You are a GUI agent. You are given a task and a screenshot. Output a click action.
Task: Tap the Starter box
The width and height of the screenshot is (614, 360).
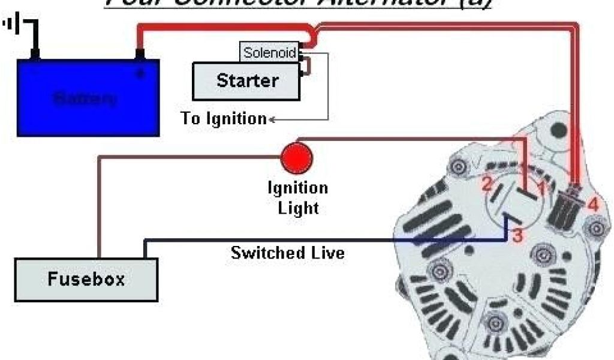click(x=246, y=81)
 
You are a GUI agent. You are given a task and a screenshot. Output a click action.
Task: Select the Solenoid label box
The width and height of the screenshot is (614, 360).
click(x=269, y=53)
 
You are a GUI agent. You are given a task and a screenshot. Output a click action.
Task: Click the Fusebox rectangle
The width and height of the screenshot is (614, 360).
click(x=86, y=279)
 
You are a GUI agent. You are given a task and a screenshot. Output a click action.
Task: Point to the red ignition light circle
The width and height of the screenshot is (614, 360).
click(x=297, y=157)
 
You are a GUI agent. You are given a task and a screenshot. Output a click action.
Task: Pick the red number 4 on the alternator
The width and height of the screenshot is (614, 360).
click(x=592, y=205)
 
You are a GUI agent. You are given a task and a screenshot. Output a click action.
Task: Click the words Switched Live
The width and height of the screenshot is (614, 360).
click(x=288, y=253)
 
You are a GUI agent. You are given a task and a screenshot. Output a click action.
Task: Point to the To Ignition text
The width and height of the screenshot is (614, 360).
click(x=223, y=119)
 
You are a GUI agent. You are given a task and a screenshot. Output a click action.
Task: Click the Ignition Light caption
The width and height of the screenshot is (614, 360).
click(x=297, y=198)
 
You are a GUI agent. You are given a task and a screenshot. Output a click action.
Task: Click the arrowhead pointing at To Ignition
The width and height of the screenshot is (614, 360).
click(x=272, y=119)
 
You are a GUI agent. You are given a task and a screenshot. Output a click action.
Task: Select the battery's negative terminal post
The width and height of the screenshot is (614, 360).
click(x=35, y=55)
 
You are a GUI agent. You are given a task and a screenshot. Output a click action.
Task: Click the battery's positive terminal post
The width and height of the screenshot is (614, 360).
click(x=140, y=55)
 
